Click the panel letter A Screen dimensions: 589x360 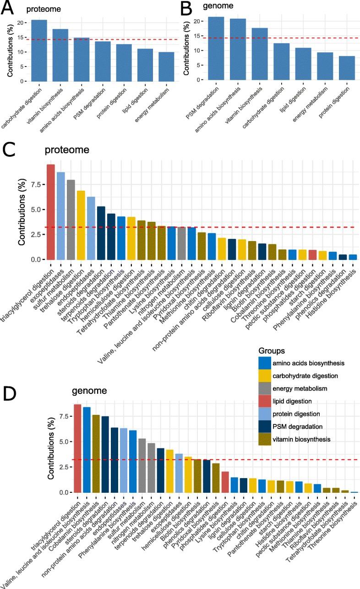[8, 8]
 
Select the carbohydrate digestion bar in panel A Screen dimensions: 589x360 [39, 50]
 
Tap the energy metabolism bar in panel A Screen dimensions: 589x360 [166, 66]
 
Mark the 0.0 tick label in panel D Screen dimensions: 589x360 [53, 492]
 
